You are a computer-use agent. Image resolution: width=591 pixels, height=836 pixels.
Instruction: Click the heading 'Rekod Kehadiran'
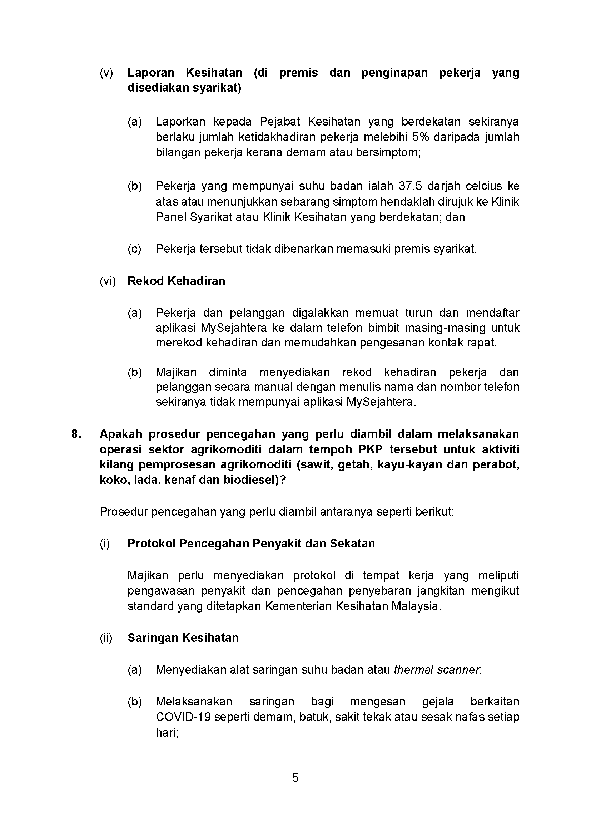(176, 281)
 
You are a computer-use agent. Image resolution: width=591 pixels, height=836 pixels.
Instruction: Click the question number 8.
(76, 434)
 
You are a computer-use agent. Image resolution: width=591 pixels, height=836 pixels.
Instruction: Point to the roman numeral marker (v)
(106, 73)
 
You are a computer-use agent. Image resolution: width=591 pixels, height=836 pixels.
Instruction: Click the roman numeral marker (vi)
(108, 281)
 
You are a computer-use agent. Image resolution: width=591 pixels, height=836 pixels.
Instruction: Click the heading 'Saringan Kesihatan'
(183, 638)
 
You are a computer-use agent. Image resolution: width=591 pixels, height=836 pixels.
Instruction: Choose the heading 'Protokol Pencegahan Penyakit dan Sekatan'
(251, 544)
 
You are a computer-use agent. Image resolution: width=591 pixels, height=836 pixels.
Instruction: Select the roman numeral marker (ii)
(106, 638)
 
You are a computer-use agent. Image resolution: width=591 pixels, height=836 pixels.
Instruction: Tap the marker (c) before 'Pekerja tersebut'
(134, 249)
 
